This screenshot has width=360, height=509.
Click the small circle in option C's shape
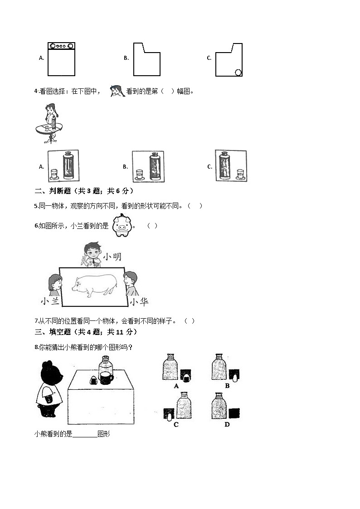(x=238, y=72)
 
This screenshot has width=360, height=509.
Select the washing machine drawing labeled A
(x=61, y=59)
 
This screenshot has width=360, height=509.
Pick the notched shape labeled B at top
(x=146, y=60)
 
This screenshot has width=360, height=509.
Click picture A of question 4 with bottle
(x=63, y=166)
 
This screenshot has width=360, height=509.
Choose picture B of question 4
(x=148, y=166)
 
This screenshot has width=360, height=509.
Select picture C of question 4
(x=231, y=166)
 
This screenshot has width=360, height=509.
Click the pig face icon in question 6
(x=121, y=225)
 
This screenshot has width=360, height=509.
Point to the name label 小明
(x=112, y=257)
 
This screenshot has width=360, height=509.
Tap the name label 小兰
(x=49, y=302)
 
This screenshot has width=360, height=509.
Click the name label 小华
(x=139, y=302)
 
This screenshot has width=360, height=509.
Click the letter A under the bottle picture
(x=176, y=386)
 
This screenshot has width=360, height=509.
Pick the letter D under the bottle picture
(x=227, y=424)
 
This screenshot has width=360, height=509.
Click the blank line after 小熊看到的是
(x=85, y=434)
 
